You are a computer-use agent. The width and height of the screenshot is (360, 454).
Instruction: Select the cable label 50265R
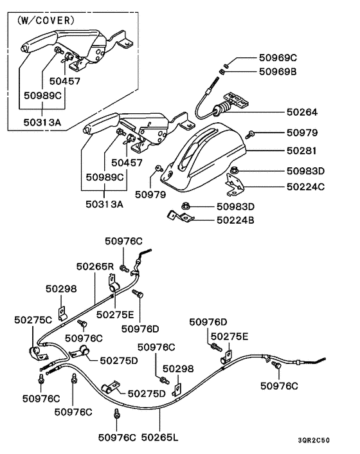tap(95, 266)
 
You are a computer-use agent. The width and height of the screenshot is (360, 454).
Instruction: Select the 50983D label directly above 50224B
tap(235, 206)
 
